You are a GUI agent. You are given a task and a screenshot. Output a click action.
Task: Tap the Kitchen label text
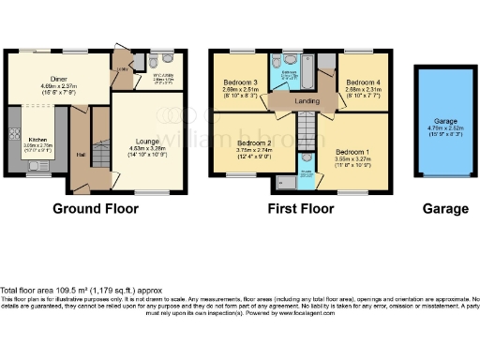[x=38, y=139]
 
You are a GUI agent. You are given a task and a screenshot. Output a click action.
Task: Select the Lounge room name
[x=142, y=140]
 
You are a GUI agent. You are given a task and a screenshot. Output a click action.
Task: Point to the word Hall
[x=81, y=155]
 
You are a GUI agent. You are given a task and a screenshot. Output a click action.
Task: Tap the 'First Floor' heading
[x=299, y=207]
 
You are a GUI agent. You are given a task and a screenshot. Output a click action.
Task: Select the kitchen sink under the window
[x=39, y=170]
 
